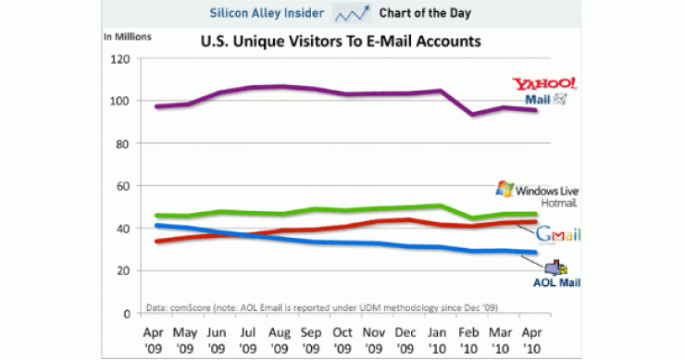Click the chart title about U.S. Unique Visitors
click(x=342, y=43)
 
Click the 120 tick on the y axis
click(x=118, y=58)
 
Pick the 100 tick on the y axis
click(x=118, y=101)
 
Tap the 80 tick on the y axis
click(x=120, y=143)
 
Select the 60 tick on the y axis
click(x=120, y=186)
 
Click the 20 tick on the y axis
click(x=120, y=271)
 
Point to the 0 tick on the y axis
click(x=124, y=314)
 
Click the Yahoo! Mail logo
click(x=551, y=90)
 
